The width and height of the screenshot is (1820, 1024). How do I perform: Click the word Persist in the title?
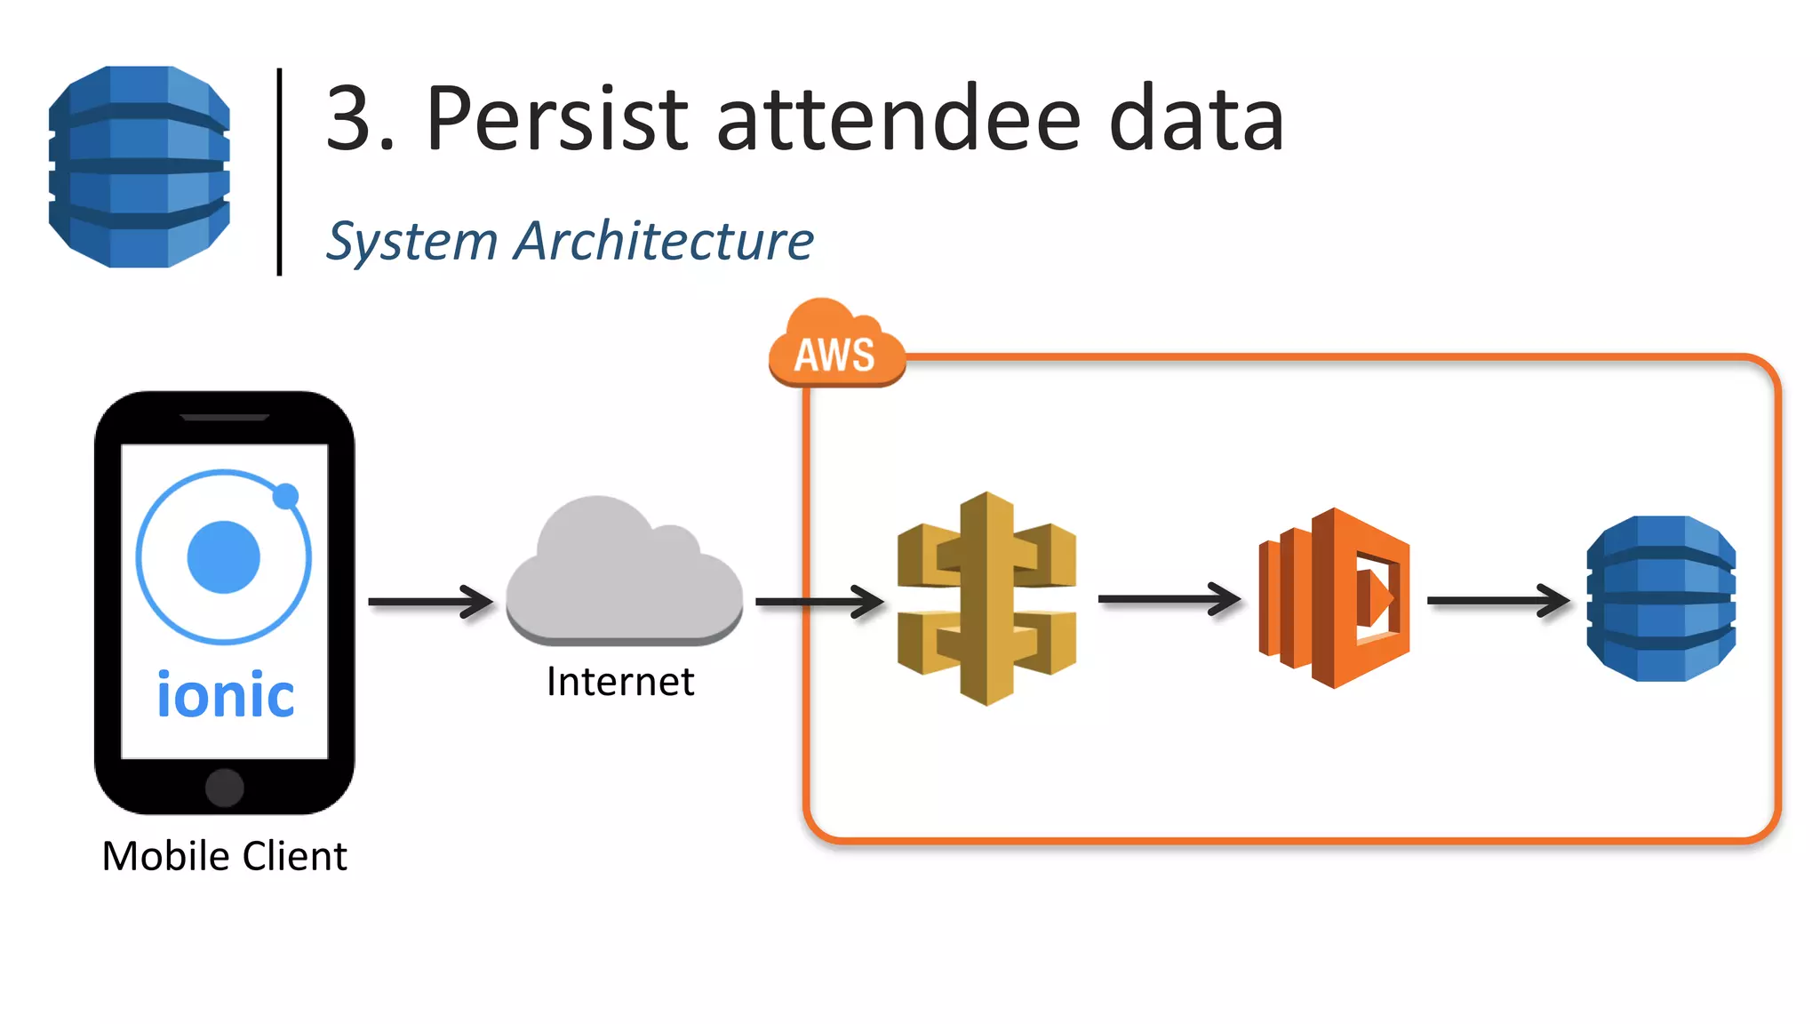click(556, 119)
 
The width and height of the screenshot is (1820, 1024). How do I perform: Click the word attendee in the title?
click(898, 119)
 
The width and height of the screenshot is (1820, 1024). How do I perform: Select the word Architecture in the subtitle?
click(664, 241)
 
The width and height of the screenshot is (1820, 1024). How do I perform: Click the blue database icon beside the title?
click(140, 166)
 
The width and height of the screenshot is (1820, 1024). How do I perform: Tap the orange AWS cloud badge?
click(834, 347)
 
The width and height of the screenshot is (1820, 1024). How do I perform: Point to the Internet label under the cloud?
click(620, 682)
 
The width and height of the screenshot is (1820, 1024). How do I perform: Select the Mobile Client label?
click(224, 856)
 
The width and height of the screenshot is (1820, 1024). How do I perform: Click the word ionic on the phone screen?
click(226, 695)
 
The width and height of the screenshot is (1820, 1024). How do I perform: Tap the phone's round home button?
click(225, 788)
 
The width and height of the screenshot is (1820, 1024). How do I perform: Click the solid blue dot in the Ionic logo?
click(224, 557)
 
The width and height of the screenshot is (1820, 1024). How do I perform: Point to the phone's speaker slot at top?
click(224, 416)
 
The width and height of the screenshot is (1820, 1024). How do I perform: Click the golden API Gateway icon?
click(986, 597)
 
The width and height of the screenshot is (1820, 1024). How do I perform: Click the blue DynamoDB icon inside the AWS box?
click(1661, 598)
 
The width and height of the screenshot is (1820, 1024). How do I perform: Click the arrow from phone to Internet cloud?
click(430, 602)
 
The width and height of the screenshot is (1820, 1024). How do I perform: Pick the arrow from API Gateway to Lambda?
click(1169, 599)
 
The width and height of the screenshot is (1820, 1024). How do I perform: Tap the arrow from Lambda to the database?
click(1498, 601)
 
